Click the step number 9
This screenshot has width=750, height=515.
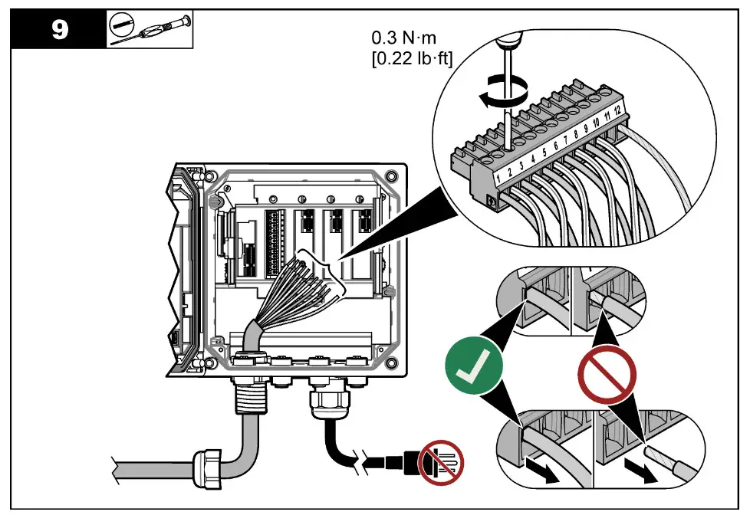coord(59,29)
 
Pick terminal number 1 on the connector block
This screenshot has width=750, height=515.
coord(498,179)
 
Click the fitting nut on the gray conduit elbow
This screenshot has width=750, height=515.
coord(210,466)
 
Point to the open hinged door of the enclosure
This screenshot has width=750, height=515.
coord(186,268)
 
